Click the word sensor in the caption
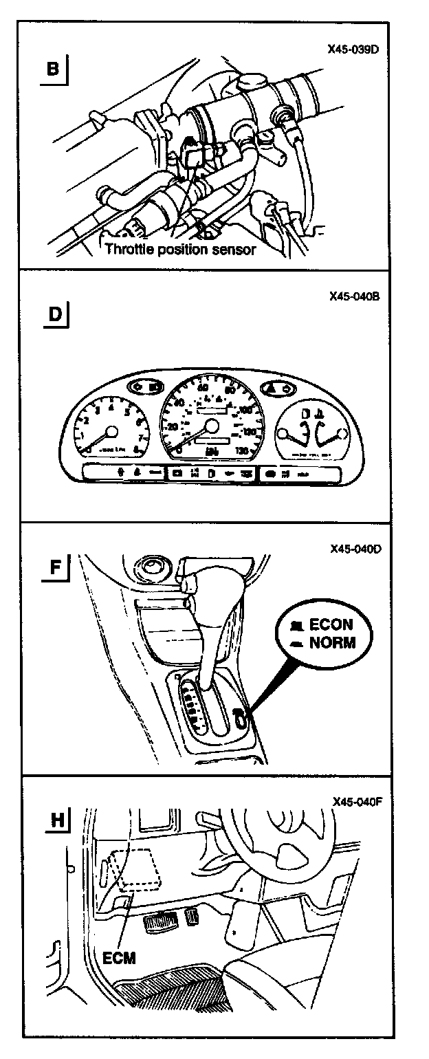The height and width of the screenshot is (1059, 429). coord(234,250)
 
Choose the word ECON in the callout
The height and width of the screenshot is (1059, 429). coord(331,626)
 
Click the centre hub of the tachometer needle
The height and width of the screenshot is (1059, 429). coord(111,431)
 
